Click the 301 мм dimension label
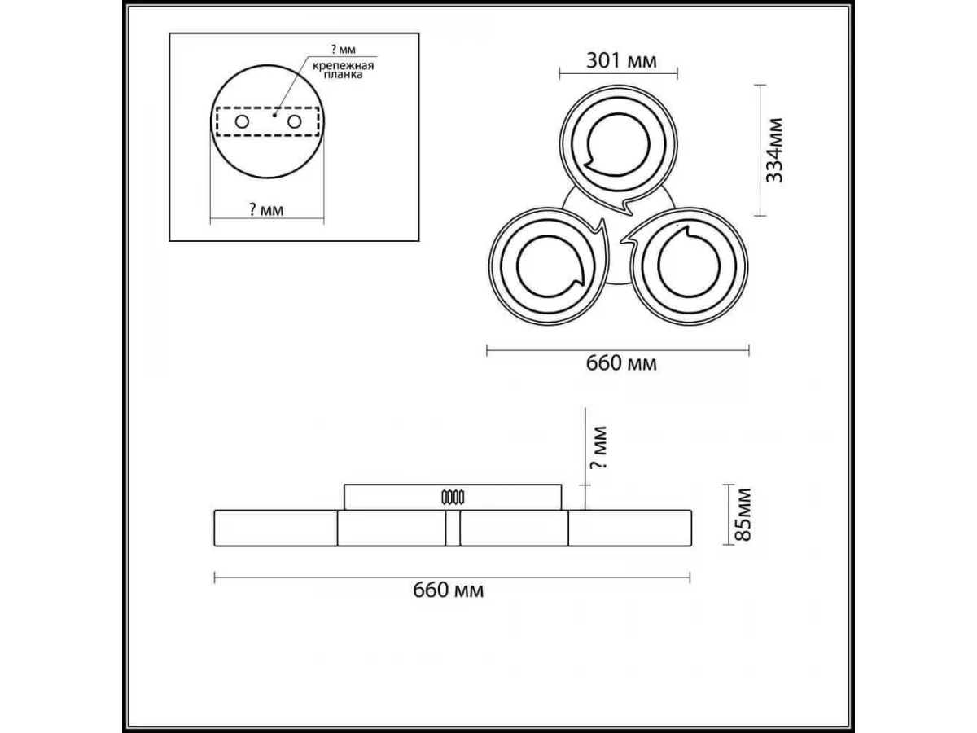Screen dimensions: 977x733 (621, 61)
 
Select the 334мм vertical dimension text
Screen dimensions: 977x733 (774, 150)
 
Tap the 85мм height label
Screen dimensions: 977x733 (743, 515)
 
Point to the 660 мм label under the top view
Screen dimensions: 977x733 (621, 363)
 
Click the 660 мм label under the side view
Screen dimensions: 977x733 (449, 590)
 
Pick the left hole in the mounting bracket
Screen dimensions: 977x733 (242, 121)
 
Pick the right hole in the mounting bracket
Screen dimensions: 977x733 (294, 121)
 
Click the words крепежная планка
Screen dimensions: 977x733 (343, 70)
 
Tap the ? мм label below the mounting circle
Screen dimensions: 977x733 (266, 209)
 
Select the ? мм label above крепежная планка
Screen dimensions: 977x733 (344, 50)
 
